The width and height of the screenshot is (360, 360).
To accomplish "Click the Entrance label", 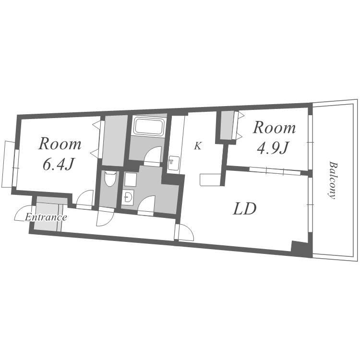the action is [x=46, y=217].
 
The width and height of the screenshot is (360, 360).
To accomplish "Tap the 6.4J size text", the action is [x=58, y=164].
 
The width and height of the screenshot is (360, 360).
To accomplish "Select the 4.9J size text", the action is [x=273, y=148].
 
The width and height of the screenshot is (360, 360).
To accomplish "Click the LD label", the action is [x=244, y=209].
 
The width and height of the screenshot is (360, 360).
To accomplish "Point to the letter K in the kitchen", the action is [x=198, y=146].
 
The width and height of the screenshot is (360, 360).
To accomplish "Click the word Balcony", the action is [x=332, y=180].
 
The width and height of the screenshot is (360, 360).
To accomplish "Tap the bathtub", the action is [x=149, y=126].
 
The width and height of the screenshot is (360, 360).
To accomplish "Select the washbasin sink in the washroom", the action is [x=127, y=197].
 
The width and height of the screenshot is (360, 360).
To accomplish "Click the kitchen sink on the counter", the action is [x=173, y=163].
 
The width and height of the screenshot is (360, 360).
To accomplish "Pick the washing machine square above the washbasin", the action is [x=131, y=180].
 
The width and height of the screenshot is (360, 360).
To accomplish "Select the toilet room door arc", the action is [x=105, y=218].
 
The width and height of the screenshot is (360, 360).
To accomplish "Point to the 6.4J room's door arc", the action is [x=85, y=197].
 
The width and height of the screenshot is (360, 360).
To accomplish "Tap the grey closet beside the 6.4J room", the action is [x=115, y=141].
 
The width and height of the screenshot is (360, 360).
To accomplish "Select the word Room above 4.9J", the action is [x=274, y=128].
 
